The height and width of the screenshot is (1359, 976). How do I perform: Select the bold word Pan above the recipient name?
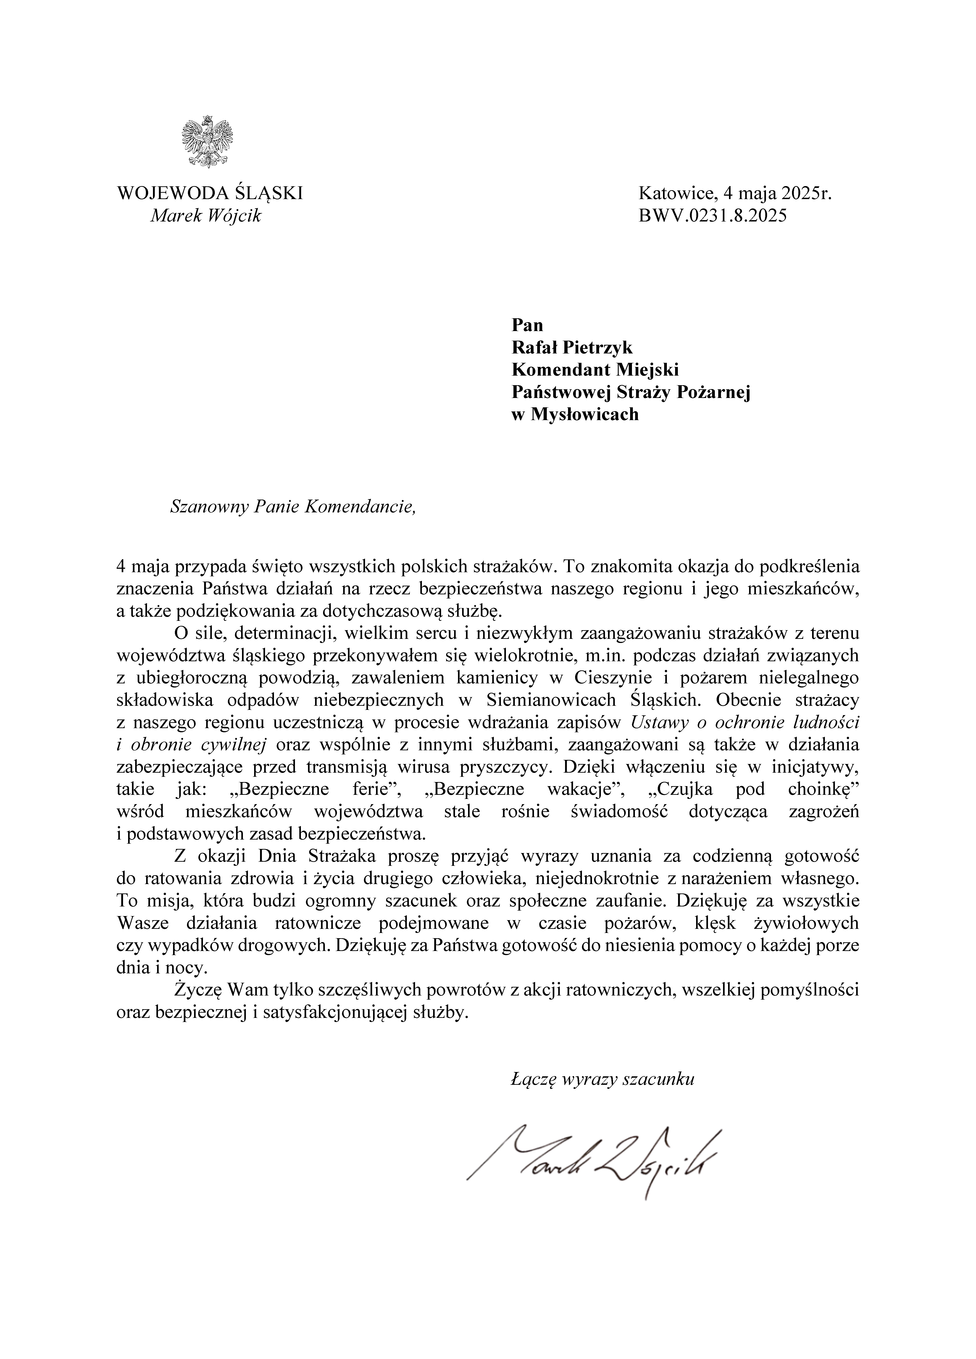(x=527, y=325)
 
